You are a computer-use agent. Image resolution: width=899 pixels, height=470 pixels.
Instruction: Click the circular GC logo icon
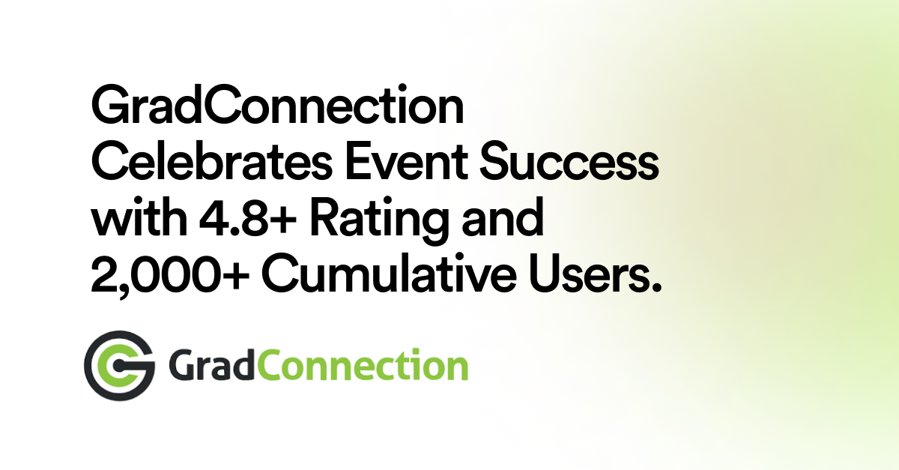coord(119,366)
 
